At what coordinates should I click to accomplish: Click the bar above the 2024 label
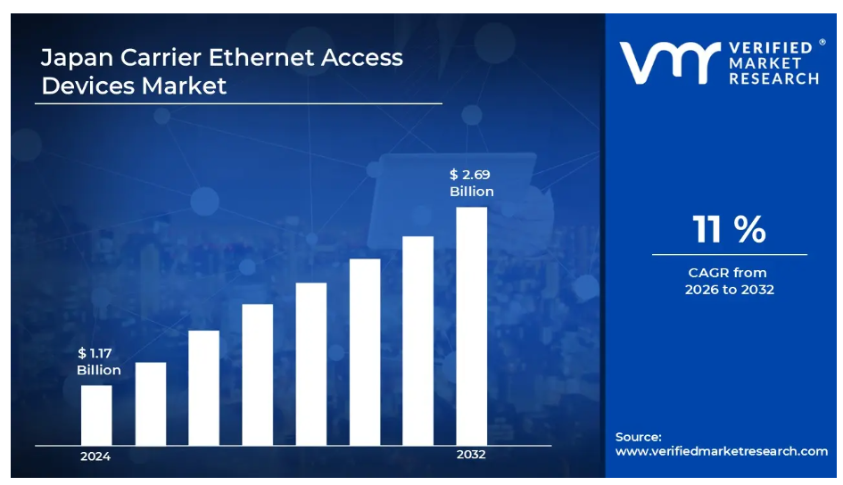coord(96,415)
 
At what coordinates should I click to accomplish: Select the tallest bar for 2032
coord(471,326)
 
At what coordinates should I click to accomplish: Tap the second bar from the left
coord(150,404)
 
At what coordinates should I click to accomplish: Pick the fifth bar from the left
coord(310,364)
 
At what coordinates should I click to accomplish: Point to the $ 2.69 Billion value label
coord(471,184)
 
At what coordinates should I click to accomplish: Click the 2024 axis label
coord(95,456)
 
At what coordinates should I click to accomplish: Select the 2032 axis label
coord(471,456)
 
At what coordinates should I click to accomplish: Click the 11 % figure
coord(729,230)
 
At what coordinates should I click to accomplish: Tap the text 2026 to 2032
coord(729,290)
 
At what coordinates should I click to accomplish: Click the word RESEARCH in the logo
coord(773,78)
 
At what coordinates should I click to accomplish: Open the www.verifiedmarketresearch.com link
coord(721,451)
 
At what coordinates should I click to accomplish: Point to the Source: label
coord(638,437)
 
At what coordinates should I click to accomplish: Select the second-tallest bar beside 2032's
coord(417,341)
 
